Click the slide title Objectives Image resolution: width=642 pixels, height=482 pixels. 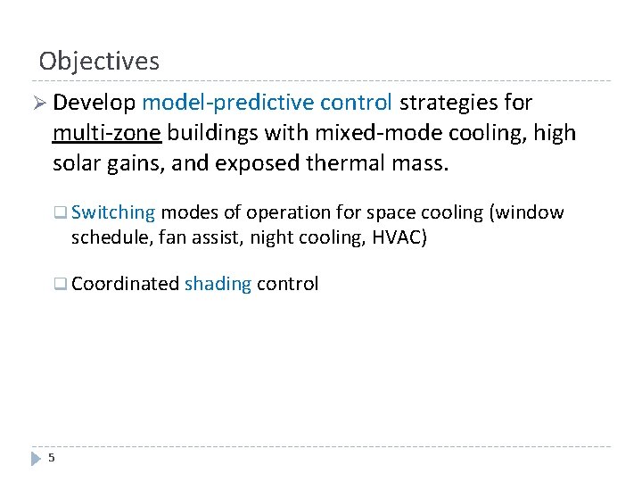[x=99, y=61]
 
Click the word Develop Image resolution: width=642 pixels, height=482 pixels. [x=94, y=104]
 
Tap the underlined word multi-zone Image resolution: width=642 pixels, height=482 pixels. [x=106, y=134]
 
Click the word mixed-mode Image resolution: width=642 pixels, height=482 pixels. [x=335, y=134]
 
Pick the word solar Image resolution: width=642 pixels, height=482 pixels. [x=78, y=164]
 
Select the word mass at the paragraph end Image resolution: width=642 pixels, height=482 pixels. [x=419, y=164]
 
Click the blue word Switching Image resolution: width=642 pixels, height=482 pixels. [x=113, y=212]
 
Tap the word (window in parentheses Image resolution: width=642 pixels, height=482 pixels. [x=531, y=212]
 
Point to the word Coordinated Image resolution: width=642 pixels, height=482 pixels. [x=125, y=284]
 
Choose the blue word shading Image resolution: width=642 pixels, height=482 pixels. [x=218, y=284]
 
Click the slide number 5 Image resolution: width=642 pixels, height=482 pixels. [x=52, y=458]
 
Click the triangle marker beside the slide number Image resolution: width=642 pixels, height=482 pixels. [x=36, y=458]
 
